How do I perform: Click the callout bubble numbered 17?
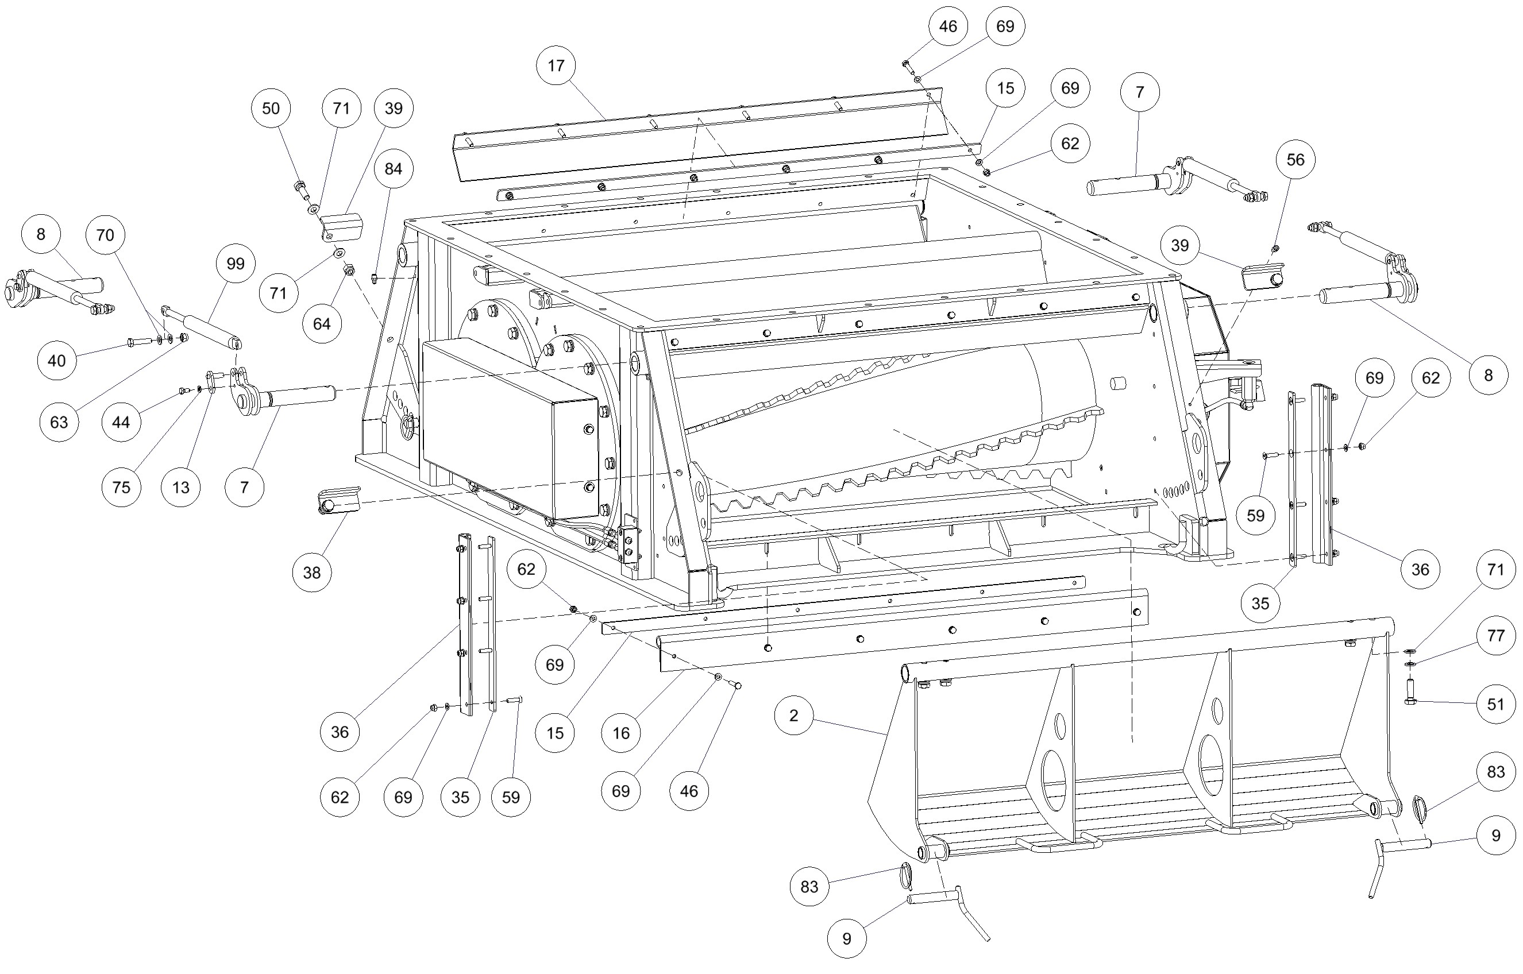[556, 65]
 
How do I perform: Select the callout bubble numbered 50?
[271, 108]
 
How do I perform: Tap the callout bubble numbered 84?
[393, 169]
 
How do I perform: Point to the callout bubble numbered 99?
[236, 263]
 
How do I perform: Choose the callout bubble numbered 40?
[57, 361]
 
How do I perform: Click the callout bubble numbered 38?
[312, 573]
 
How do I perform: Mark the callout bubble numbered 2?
[793, 716]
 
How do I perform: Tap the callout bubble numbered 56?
[1295, 160]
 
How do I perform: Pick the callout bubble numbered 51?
[1495, 704]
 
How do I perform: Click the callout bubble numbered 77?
[1495, 635]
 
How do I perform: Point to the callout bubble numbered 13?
[181, 487]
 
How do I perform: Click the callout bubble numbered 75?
[121, 487]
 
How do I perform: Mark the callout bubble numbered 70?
[105, 235]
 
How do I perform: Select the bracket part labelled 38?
[339, 501]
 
